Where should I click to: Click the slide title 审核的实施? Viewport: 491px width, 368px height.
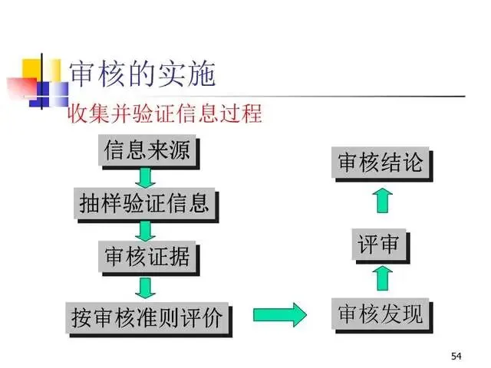tap(142, 73)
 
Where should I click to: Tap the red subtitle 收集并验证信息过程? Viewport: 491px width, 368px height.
tap(166, 115)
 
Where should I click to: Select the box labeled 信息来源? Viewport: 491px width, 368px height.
tap(145, 150)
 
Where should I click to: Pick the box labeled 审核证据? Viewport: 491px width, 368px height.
tap(145, 257)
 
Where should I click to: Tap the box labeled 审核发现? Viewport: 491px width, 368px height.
tap(381, 314)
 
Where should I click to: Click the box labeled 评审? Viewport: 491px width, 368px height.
tap(380, 245)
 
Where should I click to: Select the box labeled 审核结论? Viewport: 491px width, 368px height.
tap(381, 163)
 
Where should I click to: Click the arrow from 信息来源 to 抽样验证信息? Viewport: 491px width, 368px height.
tap(146, 177)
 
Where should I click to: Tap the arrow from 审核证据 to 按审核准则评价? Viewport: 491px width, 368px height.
tap(146, 287)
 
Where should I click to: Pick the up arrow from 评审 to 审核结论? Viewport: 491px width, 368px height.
tap(382, 201)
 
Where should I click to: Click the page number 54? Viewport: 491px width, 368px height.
tap(457, 356)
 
